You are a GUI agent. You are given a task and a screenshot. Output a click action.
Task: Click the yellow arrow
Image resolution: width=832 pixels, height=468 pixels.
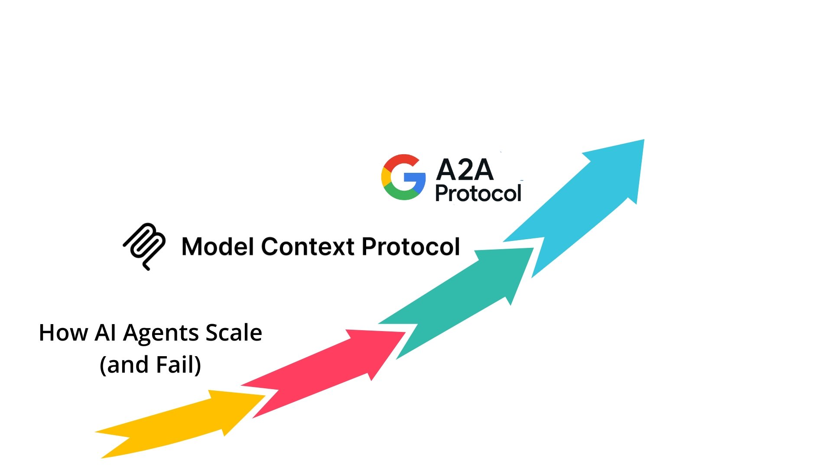coord(182,422)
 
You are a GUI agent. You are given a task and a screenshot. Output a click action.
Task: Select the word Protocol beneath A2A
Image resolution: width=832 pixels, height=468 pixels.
coord(478,193)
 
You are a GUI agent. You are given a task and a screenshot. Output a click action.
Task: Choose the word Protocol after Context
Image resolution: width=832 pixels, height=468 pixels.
coord(410,247)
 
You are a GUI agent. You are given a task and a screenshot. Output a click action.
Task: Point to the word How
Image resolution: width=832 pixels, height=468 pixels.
coord(63,333)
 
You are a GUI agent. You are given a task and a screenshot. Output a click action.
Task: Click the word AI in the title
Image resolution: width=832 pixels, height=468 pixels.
coord(105,333)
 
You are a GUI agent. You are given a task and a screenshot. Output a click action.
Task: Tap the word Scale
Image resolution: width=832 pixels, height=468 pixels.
coord(234,333)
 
